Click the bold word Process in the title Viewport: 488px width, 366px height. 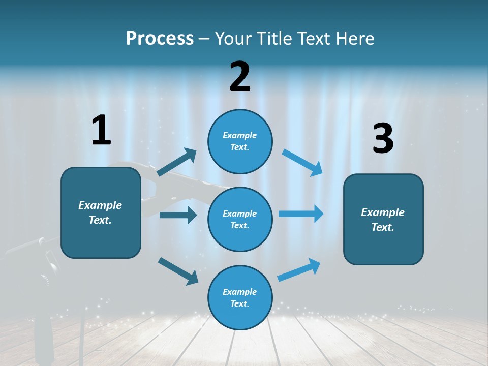[x=160, y=38]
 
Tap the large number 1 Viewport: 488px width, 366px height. [x=101, y=130]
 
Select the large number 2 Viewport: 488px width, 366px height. [x=240, y=77]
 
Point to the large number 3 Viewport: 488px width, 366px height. [x=383, y=139]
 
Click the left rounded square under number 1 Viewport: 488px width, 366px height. [x=101, y=212]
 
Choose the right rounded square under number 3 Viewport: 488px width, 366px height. [x=383, y=219]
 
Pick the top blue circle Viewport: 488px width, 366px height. [x=240, y=141]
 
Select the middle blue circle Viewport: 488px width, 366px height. [x=240, y=219]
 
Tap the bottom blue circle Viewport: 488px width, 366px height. [x=240, y=297]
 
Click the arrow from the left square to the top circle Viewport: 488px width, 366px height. [x=176, y=162]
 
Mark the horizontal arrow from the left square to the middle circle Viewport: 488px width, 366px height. [x=178, y=215]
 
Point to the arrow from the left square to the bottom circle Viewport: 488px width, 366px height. [x=178, y=271]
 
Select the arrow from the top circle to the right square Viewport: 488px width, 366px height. [x=302, y=163]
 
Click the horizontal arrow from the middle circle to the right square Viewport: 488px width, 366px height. [x=301, y=213]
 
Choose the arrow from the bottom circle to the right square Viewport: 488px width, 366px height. [x=299, y=270]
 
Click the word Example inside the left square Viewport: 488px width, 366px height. [x=100, y=205]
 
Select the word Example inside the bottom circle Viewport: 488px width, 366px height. [x=240, y=292]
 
